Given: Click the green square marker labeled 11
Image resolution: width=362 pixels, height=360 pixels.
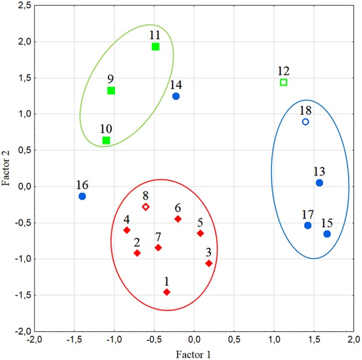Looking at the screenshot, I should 155,47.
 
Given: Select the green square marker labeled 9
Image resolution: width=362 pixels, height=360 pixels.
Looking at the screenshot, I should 111,90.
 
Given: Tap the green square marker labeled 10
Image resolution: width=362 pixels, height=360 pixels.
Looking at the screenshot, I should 106,140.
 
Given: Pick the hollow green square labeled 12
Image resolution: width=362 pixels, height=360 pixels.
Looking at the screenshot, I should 283,82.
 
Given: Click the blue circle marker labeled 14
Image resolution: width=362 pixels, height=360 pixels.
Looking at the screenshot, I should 176,96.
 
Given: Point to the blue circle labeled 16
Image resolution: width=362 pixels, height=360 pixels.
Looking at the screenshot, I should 82,196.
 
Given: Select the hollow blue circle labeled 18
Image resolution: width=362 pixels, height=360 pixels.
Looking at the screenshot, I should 306,122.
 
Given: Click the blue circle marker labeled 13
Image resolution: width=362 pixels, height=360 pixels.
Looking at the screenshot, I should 319,183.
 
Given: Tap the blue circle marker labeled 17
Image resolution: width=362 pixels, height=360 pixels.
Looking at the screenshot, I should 308,225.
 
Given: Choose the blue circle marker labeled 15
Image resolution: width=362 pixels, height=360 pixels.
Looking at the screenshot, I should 327,234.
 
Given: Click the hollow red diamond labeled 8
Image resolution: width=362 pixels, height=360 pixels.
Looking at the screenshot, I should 146,206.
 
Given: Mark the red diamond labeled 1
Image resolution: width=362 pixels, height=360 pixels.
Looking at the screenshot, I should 167,292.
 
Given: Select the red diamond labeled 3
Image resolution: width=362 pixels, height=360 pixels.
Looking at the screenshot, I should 209,263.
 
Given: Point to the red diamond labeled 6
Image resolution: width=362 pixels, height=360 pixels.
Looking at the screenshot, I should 178,219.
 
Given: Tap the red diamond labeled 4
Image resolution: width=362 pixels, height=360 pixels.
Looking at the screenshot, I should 127,230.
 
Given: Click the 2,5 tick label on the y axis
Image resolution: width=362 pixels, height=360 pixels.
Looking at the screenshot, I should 24,6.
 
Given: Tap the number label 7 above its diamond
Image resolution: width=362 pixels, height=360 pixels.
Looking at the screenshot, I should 158,236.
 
